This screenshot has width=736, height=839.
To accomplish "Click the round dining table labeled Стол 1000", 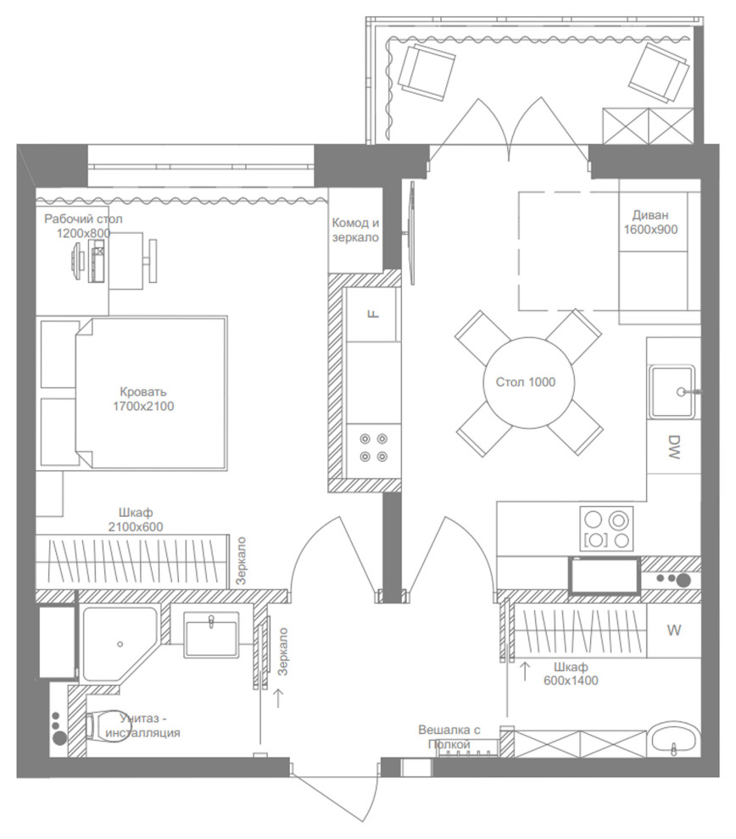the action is click(x=528, y=382).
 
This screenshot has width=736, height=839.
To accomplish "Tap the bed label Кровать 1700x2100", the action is click(x=143, y=399).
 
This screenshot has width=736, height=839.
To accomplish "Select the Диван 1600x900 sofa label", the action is click(x=650, y=222).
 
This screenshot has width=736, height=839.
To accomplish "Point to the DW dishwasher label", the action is click(x=674, y=447).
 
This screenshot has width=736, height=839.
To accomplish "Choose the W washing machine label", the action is click(x=674, y=631).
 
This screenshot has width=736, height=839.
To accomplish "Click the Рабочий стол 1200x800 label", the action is click(x=83, y=225).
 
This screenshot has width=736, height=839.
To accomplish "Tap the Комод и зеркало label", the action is click(x=355, y=230).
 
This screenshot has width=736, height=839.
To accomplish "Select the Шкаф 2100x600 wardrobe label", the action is click(x=136, y=520).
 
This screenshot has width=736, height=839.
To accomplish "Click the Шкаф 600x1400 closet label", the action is click(x=571, y=674).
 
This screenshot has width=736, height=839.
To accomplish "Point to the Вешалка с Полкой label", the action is click(x=449, y=736).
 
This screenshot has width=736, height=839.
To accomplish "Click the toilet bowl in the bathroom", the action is click(x=104, y=726).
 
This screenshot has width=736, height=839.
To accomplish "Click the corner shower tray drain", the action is click(x=120, y=644).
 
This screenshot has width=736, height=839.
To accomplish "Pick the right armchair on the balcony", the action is click(x=659, y=73).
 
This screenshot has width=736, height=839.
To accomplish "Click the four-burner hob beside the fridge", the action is click(x=374, y=447).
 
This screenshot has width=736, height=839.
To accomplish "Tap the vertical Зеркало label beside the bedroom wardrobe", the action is click(x=242, y=561).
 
